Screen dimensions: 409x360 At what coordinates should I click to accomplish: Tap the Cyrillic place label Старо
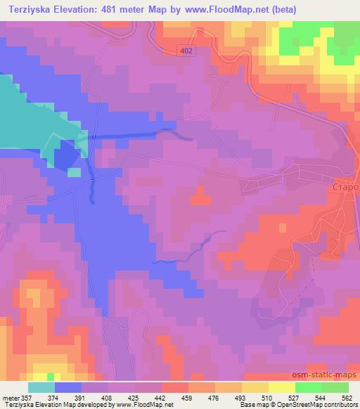click(345, 188)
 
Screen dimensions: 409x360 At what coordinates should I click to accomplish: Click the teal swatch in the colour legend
click(41, 387)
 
